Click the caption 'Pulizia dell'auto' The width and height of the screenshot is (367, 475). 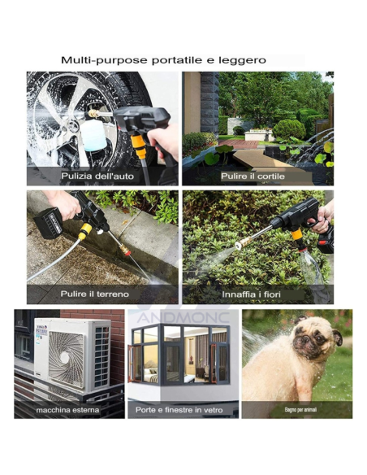pyautogui.click(x=97, y=176)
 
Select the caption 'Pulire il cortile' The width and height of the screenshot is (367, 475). pyautogui.click(x=253, y=176)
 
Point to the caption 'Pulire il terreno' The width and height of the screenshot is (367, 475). pyautogui.click(x=95, y=294)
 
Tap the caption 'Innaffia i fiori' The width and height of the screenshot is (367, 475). pyautogui.click(x=251, y=294)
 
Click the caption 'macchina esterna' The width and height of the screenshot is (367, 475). pyautogui.click(x=67, y=410)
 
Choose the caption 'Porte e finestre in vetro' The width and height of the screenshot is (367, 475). pyautogui.click(x=179, y=410)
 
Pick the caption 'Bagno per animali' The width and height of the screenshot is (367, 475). pyautogui.click(x=300, y=410)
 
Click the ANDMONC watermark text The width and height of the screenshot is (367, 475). pyautogui.click(x=183, y=317)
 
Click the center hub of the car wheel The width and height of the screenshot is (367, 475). pyautogui.click(x=73, y=126)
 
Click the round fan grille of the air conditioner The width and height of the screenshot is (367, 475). pyautogui.click(x=66, y=360)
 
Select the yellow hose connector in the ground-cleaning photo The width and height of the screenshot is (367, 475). pyautogui.click(x=84, y=231)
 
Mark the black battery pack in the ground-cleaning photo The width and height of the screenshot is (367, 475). pyautogui.click(x=48, y=223)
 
